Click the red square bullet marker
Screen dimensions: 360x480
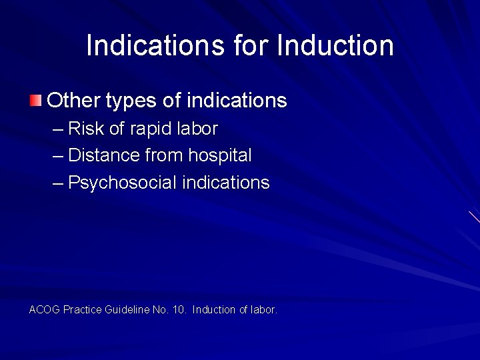[35, 101]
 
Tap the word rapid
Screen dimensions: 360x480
[151, 129]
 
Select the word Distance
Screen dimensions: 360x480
[103, 155]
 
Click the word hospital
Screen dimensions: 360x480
[220, 156]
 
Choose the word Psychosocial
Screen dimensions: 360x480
[122, 183]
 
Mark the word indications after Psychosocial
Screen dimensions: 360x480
[225, 183]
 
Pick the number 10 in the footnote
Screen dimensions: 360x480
[179, 310]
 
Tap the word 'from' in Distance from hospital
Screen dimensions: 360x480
[164, 156]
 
